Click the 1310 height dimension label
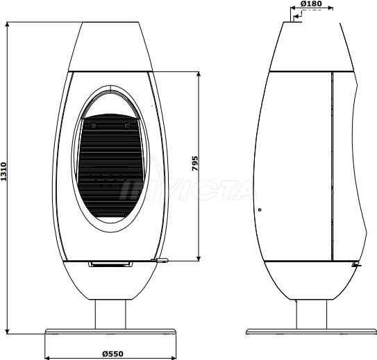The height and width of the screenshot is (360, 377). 3,171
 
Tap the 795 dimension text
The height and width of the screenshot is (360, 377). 195,163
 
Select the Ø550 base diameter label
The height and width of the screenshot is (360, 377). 112,354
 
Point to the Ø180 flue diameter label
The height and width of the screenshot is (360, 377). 311,3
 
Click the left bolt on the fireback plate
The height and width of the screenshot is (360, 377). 94,126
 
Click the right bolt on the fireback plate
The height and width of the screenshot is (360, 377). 127,126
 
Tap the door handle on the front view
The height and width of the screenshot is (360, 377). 160,260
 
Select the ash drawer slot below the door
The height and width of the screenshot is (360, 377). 110,264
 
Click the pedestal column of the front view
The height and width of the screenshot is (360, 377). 110,314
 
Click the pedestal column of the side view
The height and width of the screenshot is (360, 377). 311,314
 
